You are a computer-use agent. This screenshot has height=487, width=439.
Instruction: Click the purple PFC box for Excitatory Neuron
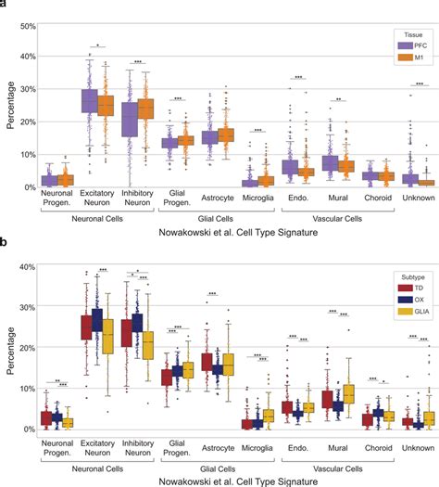(90, 100)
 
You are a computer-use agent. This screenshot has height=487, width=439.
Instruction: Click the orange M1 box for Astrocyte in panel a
(226, 135)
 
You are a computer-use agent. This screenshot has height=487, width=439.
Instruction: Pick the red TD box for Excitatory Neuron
(87, 327)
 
